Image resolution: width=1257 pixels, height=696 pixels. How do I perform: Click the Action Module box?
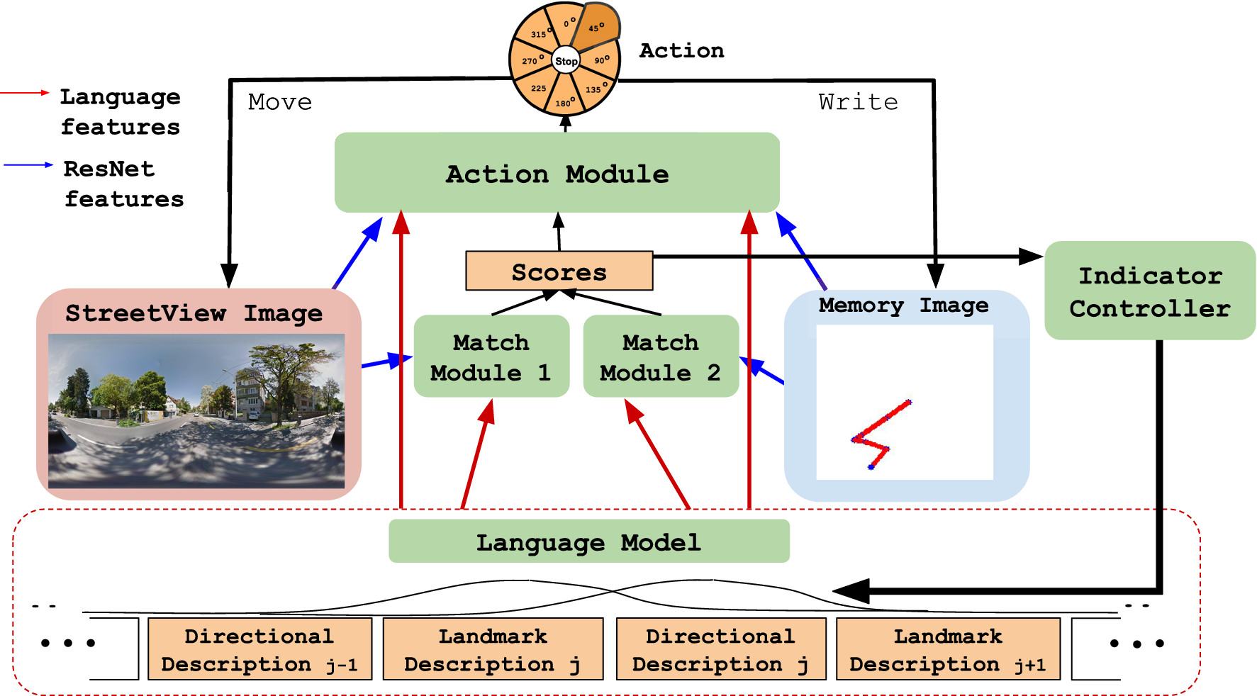point(557,172)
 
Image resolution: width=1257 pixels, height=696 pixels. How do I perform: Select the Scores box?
point(559,271)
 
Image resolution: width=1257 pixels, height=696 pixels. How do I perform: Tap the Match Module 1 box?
point(491,356)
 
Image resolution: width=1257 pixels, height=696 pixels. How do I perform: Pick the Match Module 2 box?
point(661,356)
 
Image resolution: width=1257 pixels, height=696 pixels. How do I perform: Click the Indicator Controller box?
point(1150,291)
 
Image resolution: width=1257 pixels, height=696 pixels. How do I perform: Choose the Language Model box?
point(589,541)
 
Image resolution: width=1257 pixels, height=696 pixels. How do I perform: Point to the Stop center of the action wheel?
point(566,61)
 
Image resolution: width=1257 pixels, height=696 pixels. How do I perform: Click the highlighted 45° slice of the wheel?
point(596,27)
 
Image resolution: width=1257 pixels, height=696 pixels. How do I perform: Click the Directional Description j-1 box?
point(259,649)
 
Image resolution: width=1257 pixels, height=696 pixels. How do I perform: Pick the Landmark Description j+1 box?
point(948,649)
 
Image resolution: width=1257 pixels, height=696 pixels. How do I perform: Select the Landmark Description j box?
point(493,649)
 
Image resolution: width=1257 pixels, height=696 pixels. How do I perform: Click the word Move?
point(280,102)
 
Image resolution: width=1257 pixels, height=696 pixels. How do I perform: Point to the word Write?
point(858,102)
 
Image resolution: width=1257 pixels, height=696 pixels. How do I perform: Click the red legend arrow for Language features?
point(25,93)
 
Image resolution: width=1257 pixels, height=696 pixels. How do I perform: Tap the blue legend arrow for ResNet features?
point(28,165)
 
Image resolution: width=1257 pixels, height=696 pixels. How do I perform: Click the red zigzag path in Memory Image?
point(880,434)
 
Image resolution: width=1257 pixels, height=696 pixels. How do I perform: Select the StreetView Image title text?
point(194,313)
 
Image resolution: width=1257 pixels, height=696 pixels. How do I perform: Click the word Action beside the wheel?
point(681,50)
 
